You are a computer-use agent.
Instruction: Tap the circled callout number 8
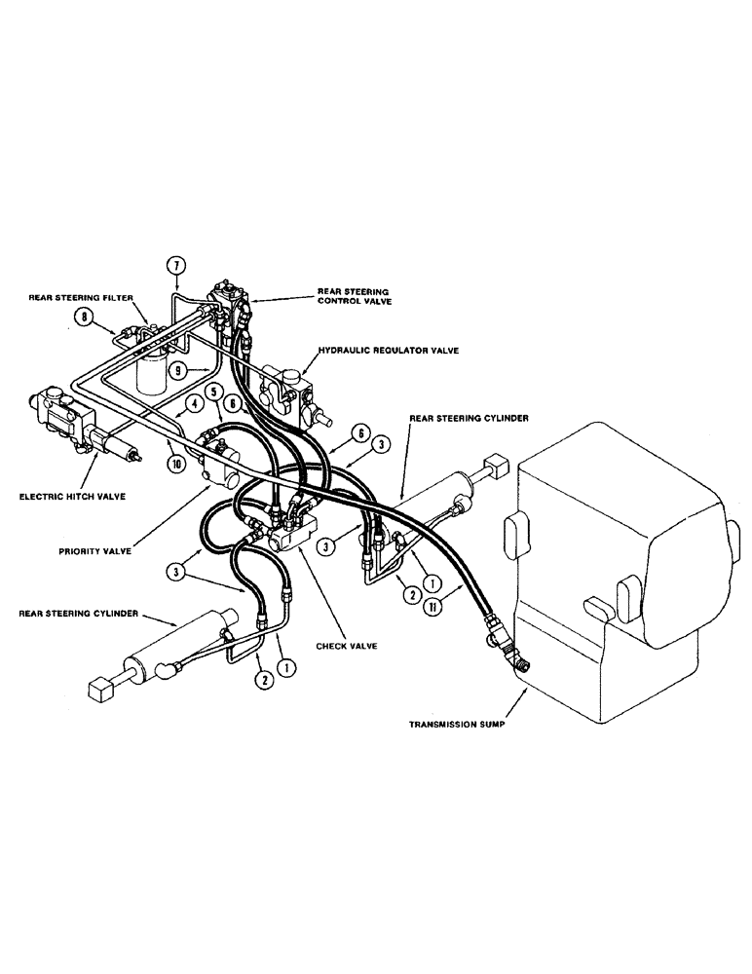[x=86, y=316]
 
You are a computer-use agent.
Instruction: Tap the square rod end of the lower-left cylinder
[x=100, y=690]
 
